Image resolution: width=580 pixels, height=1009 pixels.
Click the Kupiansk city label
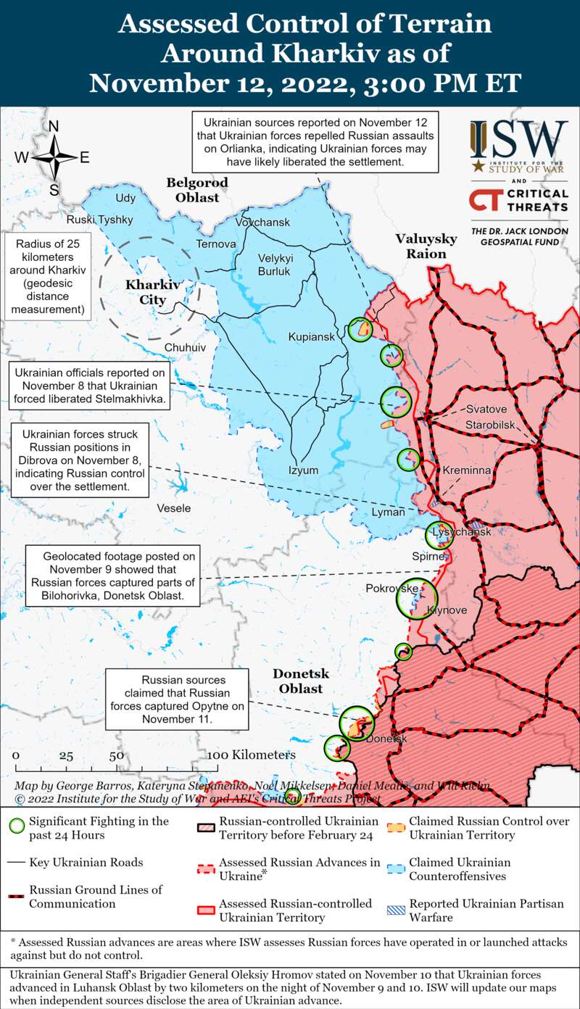coord(311,337)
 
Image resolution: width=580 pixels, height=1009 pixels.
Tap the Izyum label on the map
coord(303,470)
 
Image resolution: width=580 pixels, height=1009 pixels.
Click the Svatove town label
coord(486,409)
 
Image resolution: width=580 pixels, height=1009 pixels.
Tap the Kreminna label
coord(466,470)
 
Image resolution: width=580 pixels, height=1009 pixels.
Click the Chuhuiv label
coord(185,348)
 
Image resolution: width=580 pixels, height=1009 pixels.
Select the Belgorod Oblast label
coord(197,189)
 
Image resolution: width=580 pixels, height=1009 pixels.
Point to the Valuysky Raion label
coord(426,246)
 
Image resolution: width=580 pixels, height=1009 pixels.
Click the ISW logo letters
coord(519,138)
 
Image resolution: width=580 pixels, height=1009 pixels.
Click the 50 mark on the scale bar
coord(116,755)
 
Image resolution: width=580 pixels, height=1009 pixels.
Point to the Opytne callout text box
coord(178,700)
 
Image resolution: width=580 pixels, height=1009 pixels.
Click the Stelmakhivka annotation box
coord(89,385)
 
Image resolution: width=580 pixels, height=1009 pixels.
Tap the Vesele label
coord(174,508)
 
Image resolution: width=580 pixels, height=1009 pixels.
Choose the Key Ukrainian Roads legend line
coord(17,863)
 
